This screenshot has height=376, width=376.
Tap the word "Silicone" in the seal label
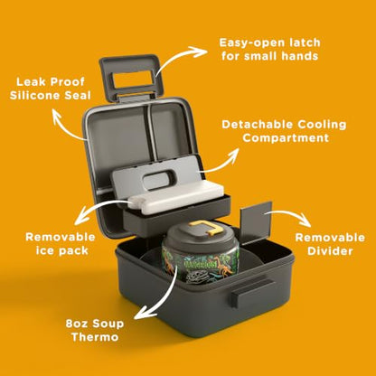tap(35, 96)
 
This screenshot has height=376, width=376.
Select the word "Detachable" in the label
tap(257, 125)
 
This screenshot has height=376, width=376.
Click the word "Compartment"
tap(286, 138)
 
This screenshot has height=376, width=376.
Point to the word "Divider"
tap(330, 251)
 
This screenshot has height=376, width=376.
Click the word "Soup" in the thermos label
tap(108, 324)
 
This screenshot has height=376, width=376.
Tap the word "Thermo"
tap(95, 337)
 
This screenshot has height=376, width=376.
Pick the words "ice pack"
tap(62, 250)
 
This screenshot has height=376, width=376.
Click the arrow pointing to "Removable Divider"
tap(289, 215)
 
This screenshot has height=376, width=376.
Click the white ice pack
tap(178, 197)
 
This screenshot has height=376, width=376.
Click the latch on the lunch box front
tap(253, 291)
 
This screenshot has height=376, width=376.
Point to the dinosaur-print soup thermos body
tap(200, 265)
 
